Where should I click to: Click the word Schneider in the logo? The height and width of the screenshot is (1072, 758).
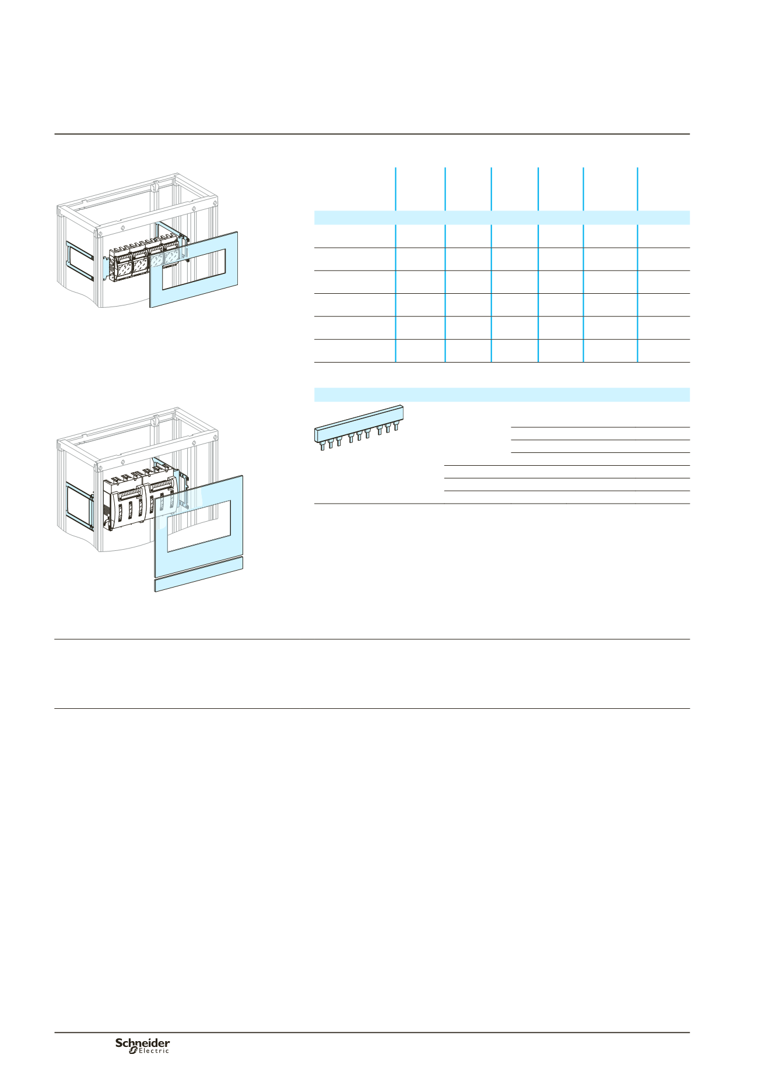tap(142, 1043)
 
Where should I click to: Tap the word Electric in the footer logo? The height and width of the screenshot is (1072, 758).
tap(154, 1051)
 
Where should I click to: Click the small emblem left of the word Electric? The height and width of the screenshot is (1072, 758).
tap(132, 1050)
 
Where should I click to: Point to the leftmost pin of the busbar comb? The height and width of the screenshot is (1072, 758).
tap(322, 445)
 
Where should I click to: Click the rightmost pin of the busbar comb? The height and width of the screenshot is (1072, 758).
tap(396, 426)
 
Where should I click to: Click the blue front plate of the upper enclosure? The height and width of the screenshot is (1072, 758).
tap(194, 269)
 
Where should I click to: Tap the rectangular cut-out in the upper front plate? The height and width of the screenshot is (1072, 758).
tap(194, 269)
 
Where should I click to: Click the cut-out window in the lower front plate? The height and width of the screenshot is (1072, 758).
tap(199, 525)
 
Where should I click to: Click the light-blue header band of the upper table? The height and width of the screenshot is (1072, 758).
tap(502, 217)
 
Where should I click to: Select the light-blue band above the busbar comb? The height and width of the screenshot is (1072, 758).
tap(502, 395)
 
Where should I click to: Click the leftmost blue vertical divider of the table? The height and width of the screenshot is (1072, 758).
tap(396, 265)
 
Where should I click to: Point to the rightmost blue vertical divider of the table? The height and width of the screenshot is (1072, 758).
tap(637, 265)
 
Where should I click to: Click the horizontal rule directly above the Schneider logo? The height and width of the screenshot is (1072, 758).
tap(372, 1033)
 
